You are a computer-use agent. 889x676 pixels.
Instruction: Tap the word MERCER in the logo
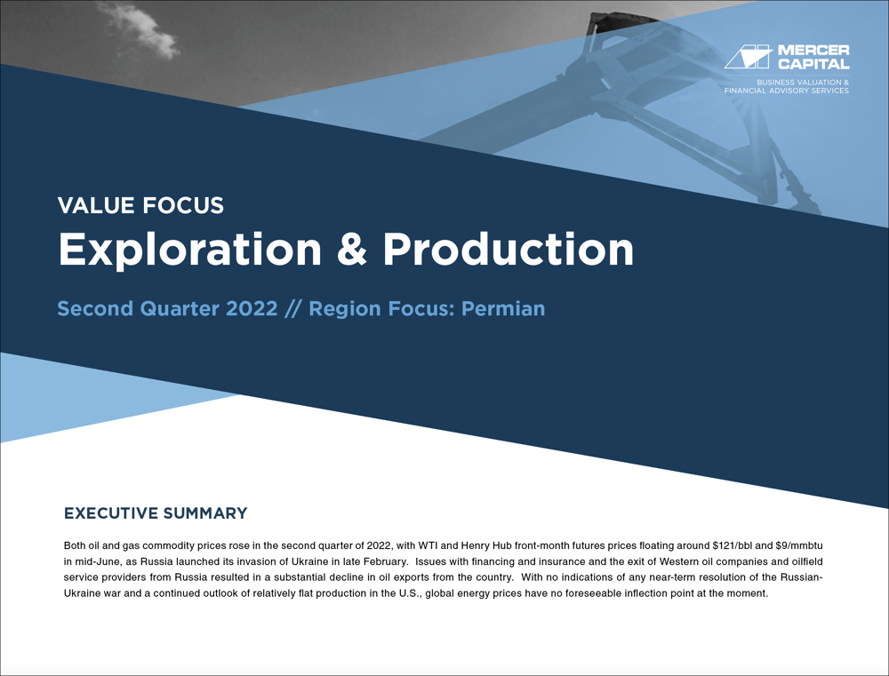pos(813,51)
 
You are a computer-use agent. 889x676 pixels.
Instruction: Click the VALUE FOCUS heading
pos(140,206)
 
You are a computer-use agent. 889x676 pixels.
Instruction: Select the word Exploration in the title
pos(189,251)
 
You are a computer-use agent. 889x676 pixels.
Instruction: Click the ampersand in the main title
pos(351,251)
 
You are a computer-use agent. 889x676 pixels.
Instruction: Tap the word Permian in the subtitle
pos(502,309)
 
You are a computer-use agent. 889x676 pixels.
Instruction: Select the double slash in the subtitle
pos(292,309)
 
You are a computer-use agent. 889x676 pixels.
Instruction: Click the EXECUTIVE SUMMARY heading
pos(156,513)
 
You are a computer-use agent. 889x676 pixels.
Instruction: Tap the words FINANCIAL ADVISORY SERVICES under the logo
pos(787,91)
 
